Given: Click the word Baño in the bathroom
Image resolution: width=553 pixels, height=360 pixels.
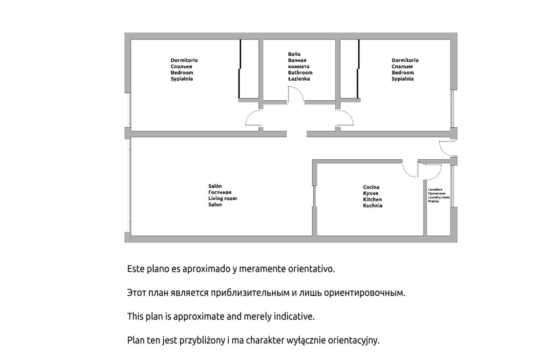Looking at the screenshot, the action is (294, 54).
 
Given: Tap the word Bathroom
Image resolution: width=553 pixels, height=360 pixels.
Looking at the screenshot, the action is (300, 72).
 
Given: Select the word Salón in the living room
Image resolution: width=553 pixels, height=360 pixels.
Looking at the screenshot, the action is (215, 186).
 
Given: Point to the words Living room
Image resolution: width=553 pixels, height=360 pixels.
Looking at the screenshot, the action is (222, 198).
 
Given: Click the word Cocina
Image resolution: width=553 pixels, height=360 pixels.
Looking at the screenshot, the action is (371, 187).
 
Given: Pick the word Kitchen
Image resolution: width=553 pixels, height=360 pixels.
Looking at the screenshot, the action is (372, 199).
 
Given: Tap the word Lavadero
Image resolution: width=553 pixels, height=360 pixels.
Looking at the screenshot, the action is (435, 189).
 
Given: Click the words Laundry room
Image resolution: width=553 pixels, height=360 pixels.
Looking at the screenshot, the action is (439, 198).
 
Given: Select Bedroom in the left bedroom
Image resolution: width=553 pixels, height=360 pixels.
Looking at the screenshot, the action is (182, 72).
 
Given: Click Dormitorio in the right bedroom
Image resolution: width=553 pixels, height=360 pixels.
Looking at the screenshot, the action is (405, 60).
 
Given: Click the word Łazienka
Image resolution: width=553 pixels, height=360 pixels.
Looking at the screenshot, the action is (299, 79).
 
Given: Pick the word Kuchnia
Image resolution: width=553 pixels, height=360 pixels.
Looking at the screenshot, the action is (373, 206).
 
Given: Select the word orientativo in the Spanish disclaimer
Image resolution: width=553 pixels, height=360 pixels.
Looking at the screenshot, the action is (311, 269).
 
